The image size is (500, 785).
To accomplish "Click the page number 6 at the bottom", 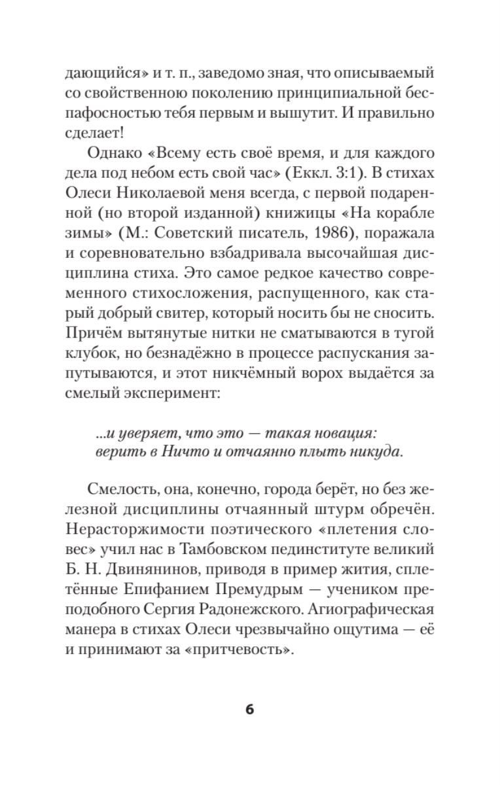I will coord(249,710).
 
